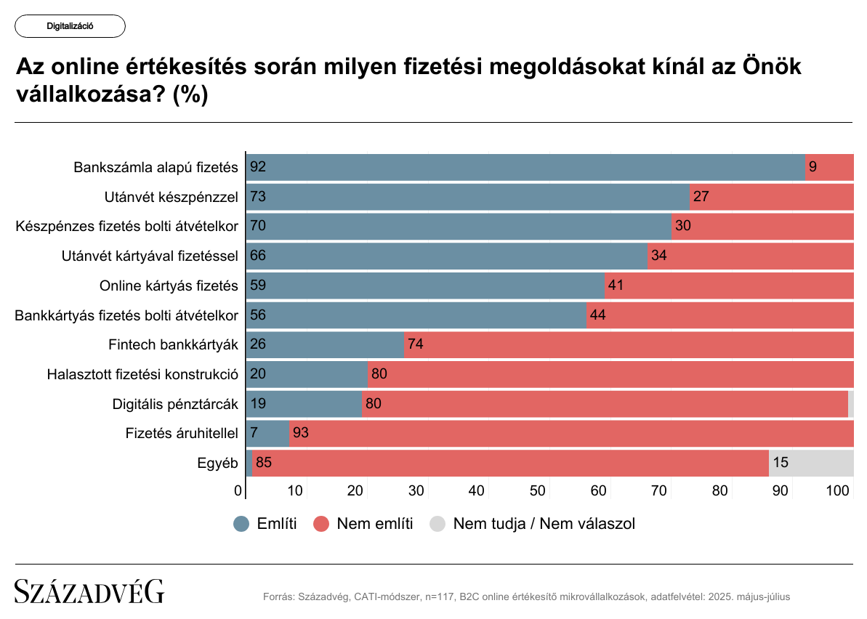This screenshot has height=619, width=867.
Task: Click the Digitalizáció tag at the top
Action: tap(70, 26)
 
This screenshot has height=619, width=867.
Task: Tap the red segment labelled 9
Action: tap(829, 167)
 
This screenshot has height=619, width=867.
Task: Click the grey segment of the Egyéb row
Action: tap(810, 463)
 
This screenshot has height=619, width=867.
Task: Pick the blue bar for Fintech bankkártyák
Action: tap(325, 344)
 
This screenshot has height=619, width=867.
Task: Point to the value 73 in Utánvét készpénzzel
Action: tap(258, 197)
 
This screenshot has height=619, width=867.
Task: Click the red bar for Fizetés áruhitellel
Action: tap(570, 433)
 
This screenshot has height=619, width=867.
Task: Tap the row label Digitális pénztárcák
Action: tap(175, 403)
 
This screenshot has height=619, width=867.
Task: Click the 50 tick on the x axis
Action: tap(537, 491)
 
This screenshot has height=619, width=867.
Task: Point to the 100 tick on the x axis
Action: tap(839, 491)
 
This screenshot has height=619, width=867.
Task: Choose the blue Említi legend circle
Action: tap(242, 523)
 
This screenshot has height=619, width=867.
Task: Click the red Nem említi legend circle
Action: tap(322, 523)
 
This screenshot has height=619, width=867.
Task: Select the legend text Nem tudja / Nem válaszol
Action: tap(544, 523)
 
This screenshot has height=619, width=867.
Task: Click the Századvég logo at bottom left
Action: tap(90, 592)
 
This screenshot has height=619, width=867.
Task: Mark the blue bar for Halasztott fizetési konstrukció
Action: tap(307, 374)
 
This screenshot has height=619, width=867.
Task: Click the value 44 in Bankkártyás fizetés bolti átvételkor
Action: tap(598, 315)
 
